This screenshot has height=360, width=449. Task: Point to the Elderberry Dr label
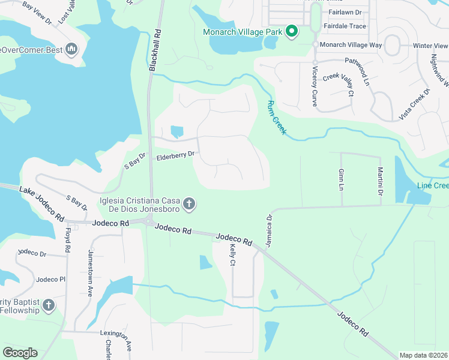pos(175,155)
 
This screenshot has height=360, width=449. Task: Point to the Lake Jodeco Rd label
pos(41,204)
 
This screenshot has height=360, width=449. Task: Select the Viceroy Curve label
pos(314,86)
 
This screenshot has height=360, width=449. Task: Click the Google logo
pos(20,353)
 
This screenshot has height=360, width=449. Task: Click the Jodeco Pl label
pos(50,280)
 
